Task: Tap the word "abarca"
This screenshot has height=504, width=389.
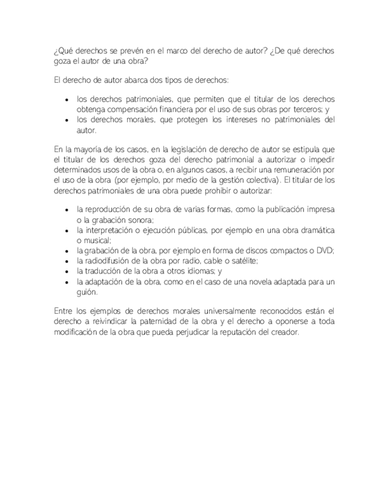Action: tap(119, 80)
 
